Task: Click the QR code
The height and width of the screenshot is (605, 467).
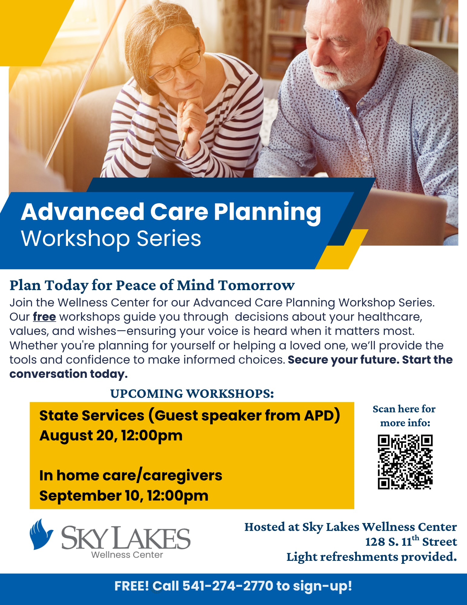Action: pos(405,462)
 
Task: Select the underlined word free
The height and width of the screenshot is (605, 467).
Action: pos(44,317)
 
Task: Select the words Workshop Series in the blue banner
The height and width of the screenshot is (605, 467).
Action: pos(111,239)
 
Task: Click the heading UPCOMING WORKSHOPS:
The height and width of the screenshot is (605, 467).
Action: pos(192,394)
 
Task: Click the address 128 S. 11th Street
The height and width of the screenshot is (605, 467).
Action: pos(411,541)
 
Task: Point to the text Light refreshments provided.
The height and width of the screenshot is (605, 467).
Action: pos(372,557)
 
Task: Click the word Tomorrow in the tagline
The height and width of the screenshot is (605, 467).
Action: pos(256,285)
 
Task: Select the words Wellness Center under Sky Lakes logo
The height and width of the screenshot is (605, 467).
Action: pos(127,555)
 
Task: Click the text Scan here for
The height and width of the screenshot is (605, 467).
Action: pos(404,409)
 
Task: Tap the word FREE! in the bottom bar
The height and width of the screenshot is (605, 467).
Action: pos(131,586)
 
